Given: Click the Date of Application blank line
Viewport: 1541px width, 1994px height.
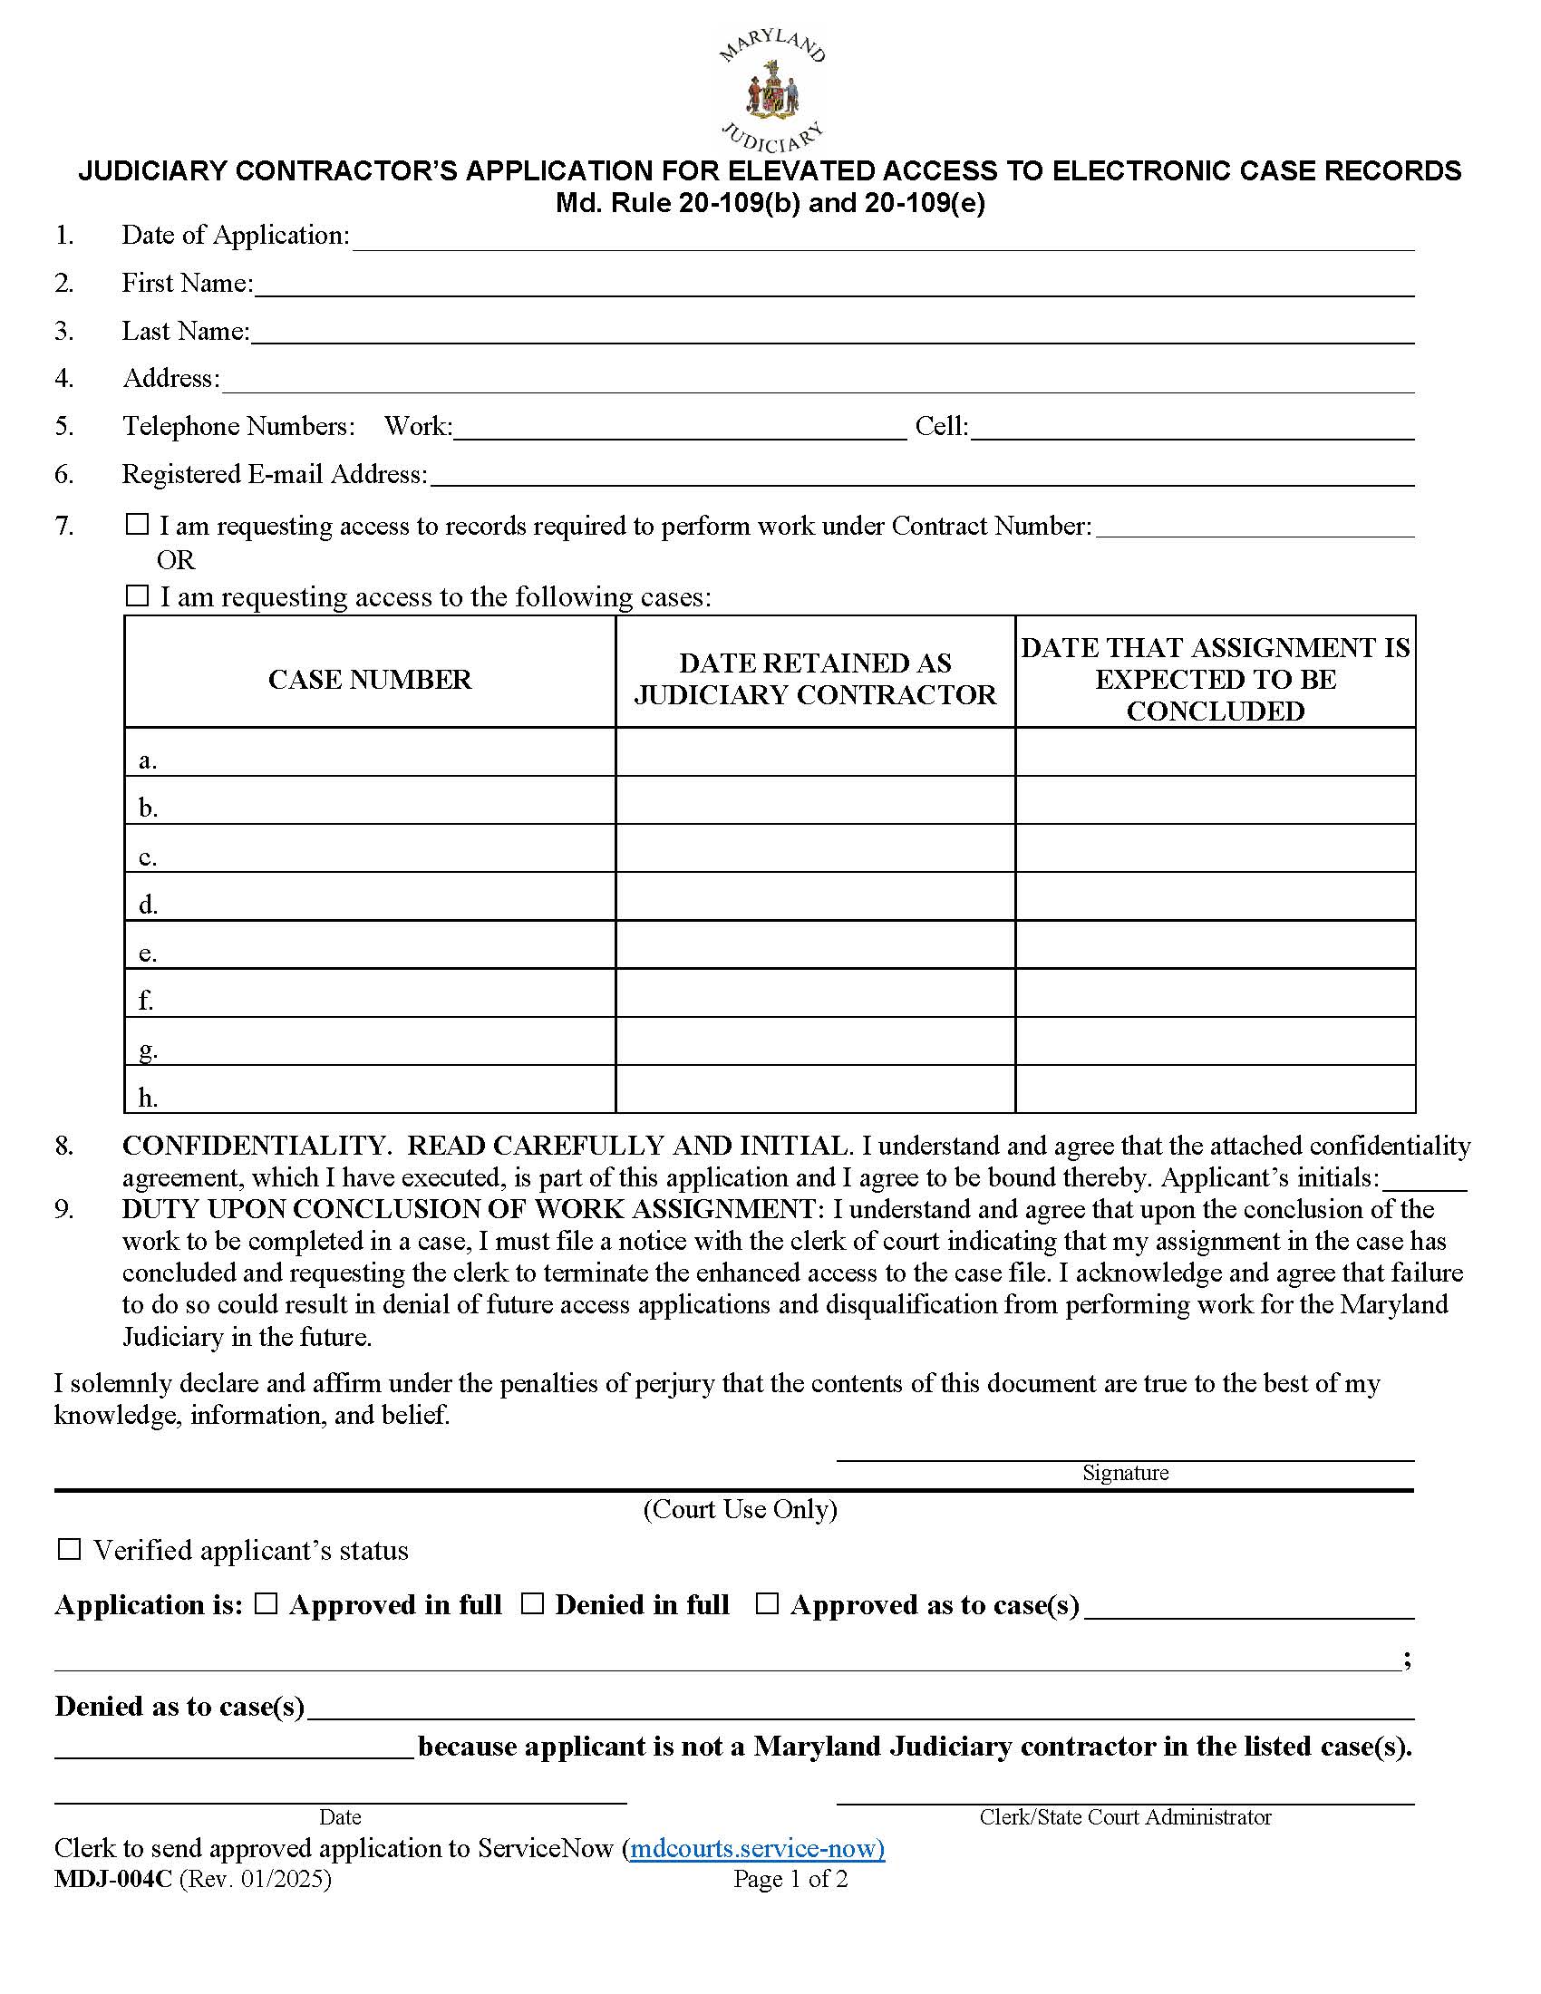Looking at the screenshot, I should pyautogui.click(x=882, y=239).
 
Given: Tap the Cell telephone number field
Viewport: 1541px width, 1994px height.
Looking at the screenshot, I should pyautogui.click(x=1191, y=429).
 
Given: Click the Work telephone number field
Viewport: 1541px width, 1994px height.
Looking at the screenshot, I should pyautogui.click(x=679, y=429).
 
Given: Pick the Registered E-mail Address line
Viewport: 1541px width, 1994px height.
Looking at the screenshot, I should pyautogui.click(x=920, y=477).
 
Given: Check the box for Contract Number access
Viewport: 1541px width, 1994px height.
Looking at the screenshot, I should pyautogui.click(x=137, y=525).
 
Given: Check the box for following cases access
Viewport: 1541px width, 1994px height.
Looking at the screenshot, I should pyautogui.click(x=137, y=596).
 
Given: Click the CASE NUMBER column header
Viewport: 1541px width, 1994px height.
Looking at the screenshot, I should pyautogui.click(x=370, y=679).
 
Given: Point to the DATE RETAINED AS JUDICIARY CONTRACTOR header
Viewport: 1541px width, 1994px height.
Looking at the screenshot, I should pyautogui.click(x=814, y=679).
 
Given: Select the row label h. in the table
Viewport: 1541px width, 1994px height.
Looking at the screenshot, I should pyautogui.click(x=148, y=1099).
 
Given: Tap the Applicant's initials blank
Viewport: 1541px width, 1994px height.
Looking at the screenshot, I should pyautogui.click(x=1424, y=1181).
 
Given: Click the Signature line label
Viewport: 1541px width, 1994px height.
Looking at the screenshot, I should pyautogui.click(x=1125, y=1473).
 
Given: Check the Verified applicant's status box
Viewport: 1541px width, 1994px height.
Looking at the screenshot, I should pyautogui.click(x=70, y=1549).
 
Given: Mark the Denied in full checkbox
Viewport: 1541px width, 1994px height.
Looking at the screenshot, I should pyautogui.click(x=532, y=1604).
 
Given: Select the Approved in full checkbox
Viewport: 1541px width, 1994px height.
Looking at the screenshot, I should pyautogui.click(x=266, y=1604).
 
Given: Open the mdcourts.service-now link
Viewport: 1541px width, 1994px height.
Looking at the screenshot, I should pyautogui.click(x=757, y=1849).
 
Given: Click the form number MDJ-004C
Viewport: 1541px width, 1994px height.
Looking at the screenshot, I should pyautogui.click(x=112, y=1879).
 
